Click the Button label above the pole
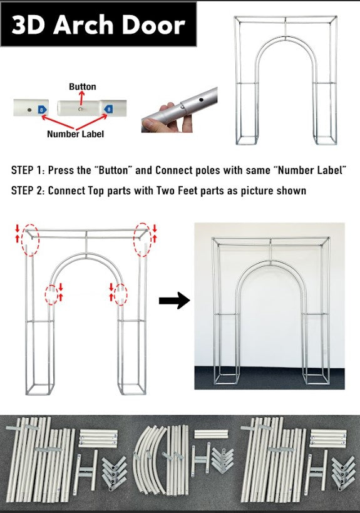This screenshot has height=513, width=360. pos(83,86)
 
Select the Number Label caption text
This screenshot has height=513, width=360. pos(75,134)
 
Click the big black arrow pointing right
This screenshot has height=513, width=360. pos(174,300)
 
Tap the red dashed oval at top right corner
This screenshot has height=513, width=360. pos(143,239)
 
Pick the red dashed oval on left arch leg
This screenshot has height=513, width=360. pos(51,294)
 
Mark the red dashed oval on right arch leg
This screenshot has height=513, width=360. pos(120,295)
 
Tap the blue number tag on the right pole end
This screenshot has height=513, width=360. pos(108,110)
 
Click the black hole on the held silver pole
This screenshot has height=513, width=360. pos(202,100)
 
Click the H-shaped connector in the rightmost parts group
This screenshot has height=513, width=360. pos(316,470)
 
